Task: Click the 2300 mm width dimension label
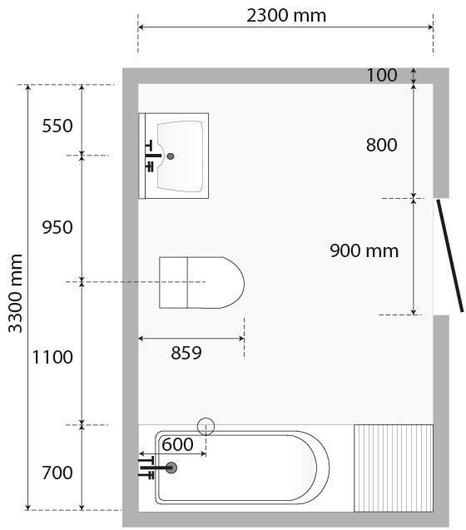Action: [286, 16]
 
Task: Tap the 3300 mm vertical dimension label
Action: [15, 294]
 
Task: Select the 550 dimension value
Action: [57, 126]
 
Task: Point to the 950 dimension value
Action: [57, 227]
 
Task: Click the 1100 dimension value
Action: [52, 357]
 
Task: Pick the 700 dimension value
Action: [57, 473]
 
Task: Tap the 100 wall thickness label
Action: [382, 75]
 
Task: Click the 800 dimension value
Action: [381, 145]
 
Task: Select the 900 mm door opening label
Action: [364, 250]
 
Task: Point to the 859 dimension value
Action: [186, 353]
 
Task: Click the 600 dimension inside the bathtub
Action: [177, 444]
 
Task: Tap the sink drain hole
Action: [171, 156]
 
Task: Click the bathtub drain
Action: [171, 468]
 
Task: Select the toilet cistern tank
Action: [173, 283]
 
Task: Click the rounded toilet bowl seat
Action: [216, 283]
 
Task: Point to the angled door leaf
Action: [450, 255]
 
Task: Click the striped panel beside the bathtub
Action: [394, 468]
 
